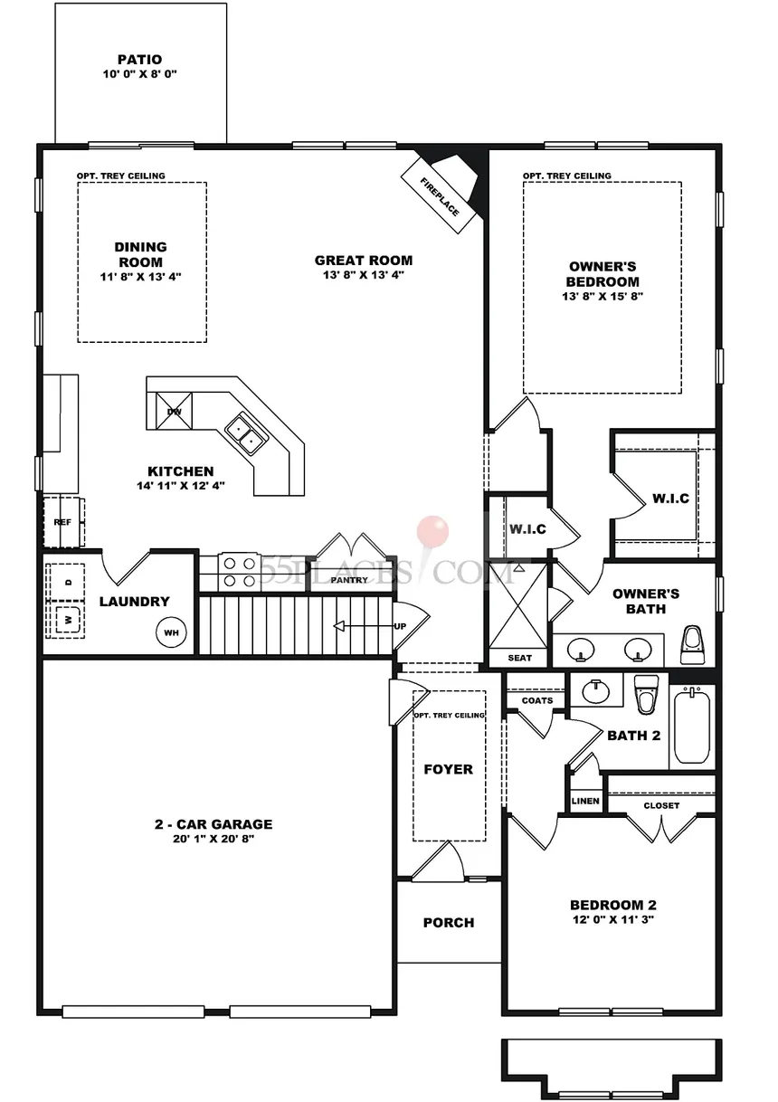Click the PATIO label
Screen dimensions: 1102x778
pos(138,59)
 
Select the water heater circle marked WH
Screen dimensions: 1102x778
pos(172,632)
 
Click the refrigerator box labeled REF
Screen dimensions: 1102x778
pos(62,522)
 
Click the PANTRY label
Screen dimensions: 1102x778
pos(349,580)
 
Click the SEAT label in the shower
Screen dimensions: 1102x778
pos(520,658)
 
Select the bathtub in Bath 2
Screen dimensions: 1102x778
pos(694,727)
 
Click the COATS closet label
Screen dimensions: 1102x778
pos(536,700)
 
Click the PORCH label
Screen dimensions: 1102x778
pos(449,922)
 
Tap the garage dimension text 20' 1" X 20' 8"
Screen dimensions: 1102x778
pos(213,839)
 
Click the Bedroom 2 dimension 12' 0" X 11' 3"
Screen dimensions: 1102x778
pos(612,919)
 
